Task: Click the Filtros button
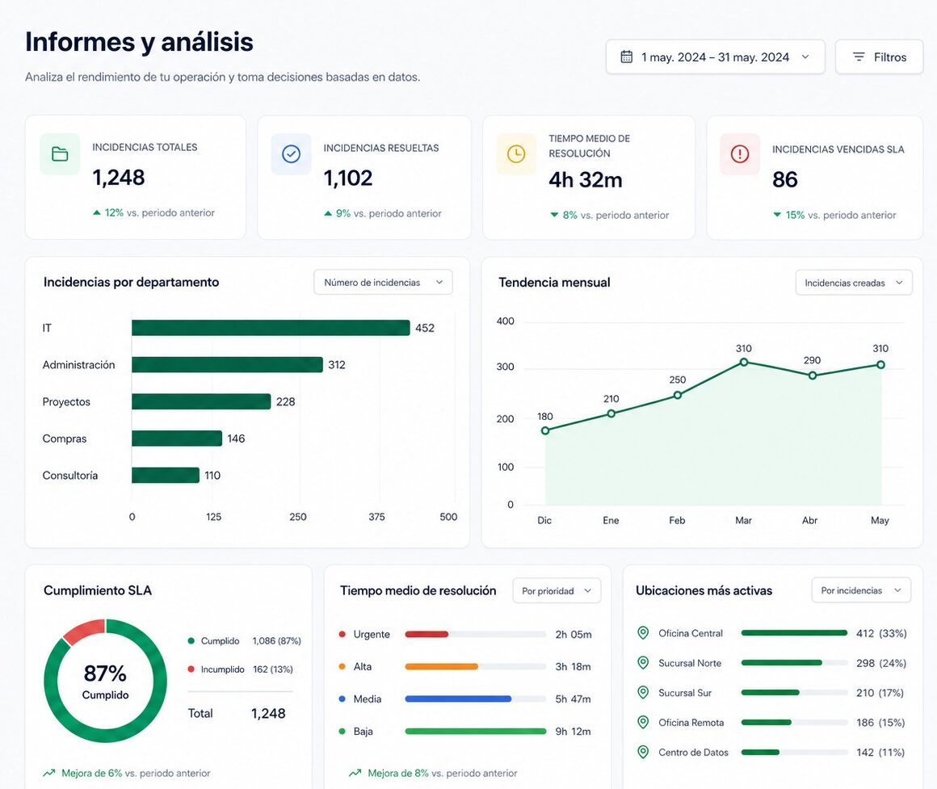tap(879, 57)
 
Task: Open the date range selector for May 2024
tap(716, 57)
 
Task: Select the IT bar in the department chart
tap(271, 328)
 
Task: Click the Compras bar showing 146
tap(177, 439)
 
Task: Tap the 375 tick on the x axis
tap(376, 517)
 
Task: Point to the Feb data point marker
tap(678, 395)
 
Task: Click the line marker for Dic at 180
tap(545, 430)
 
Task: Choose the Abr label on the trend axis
tap(809, 520)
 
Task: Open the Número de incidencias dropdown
tap(383, 283)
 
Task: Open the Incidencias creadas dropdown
tap(854, 283)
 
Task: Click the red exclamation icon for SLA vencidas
tap(740, 154)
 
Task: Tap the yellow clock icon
tap(516, 154)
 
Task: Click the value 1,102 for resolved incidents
tap(348, 178)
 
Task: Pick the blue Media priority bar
tap(458, 699)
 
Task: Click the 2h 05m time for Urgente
tap(573, 634)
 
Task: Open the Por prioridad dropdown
tap(557, 590)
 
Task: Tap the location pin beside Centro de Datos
tap(643, 752)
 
